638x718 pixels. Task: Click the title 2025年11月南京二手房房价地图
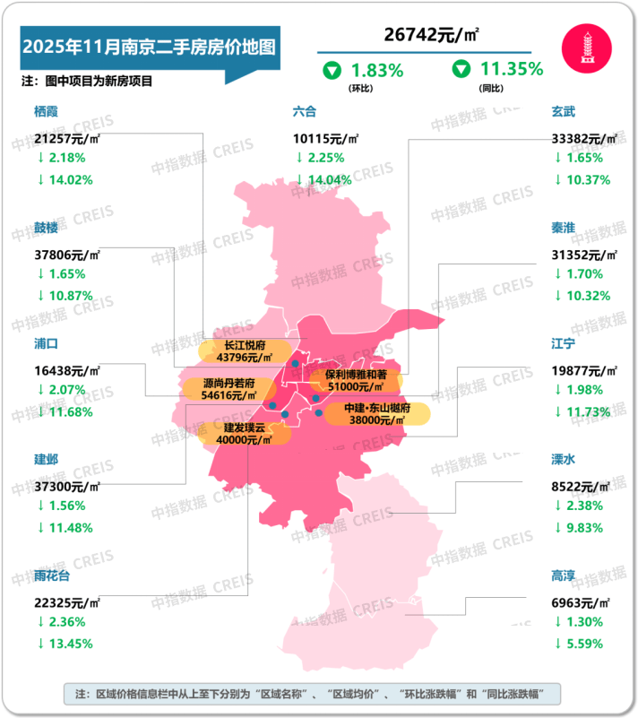pyautogui.click(x=149, y=45)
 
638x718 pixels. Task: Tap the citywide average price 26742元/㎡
pyautogui.click(x=432, y=35)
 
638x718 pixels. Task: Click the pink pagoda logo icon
pyautogui.click(x=587, y=49)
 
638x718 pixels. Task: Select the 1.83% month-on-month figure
pyautogui.click(x=376, y=69)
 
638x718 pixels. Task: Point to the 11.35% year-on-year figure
pyautogui.click(x=511, y=69)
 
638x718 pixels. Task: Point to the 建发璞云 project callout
pyautogui.click(x=246, y=433)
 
